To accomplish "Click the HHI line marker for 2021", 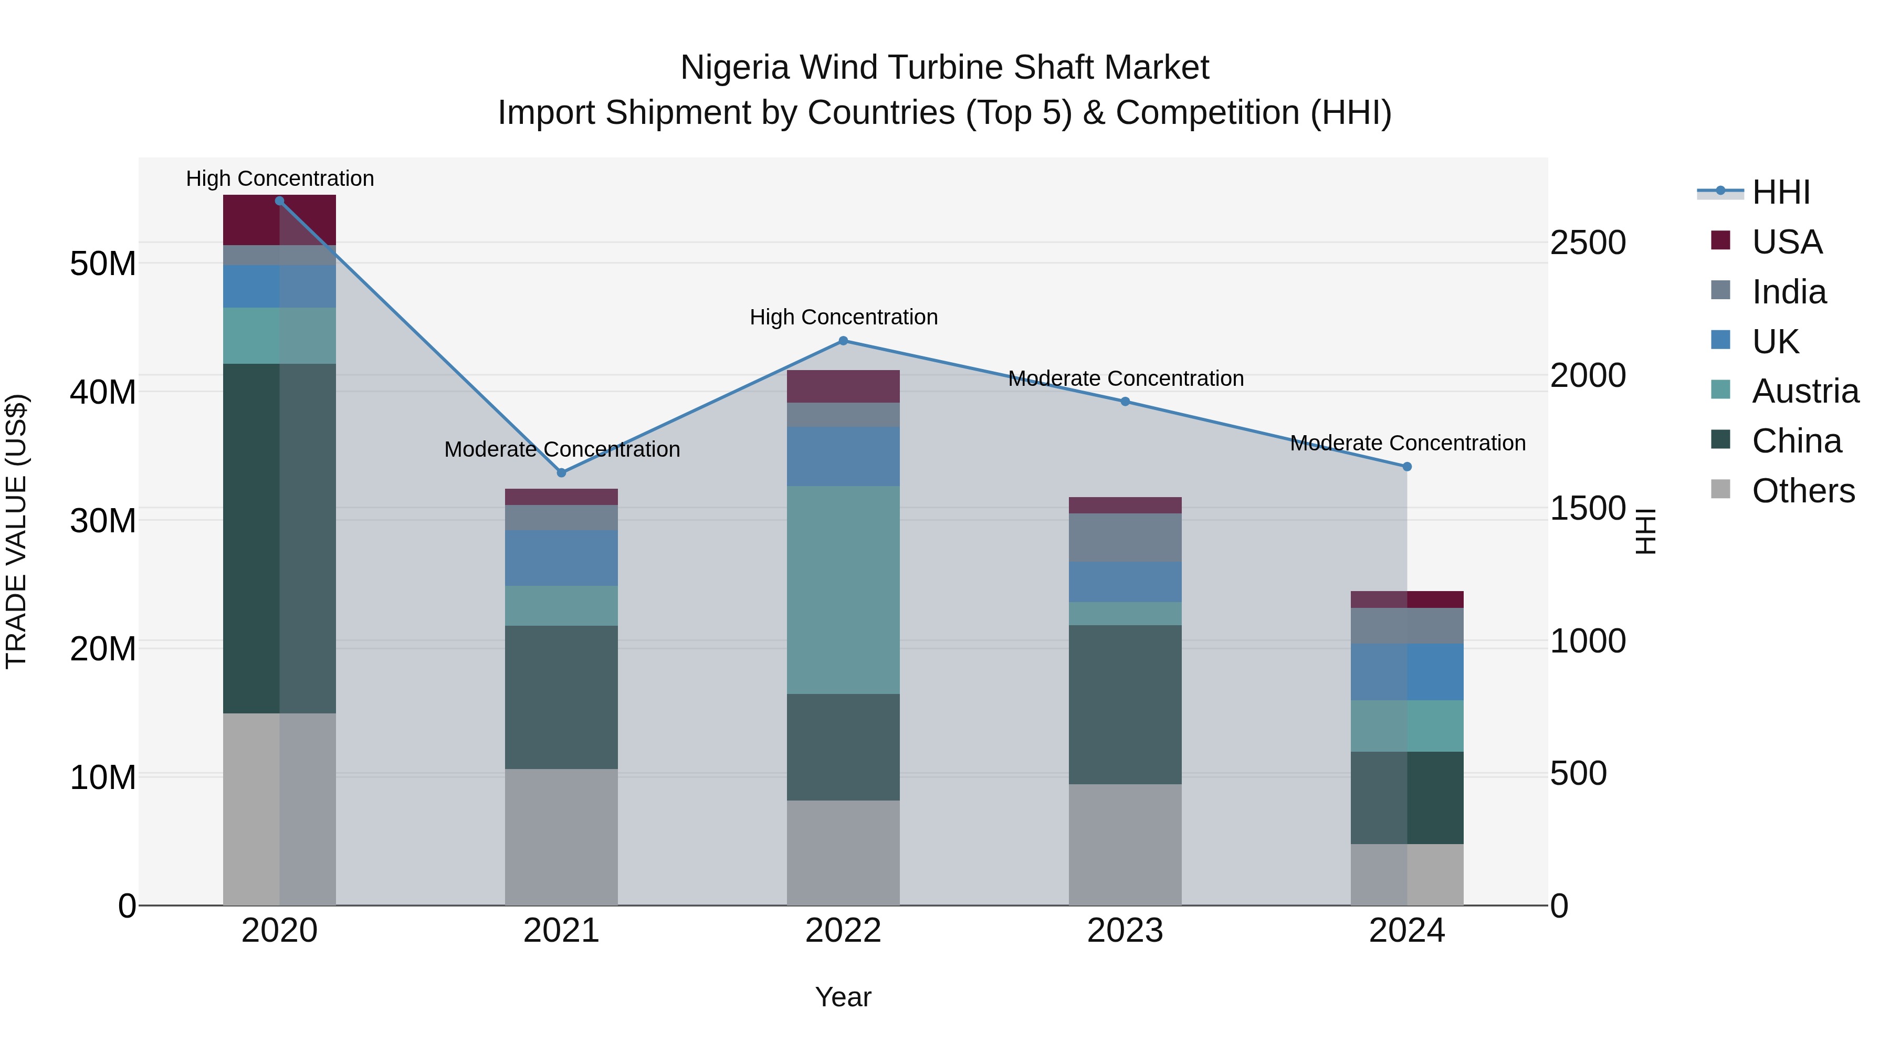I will [561, 473].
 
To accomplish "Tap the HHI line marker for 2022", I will [843, 341].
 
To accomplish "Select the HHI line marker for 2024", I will [1406, 467].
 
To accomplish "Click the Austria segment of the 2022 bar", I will [843, 590].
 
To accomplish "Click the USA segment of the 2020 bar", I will [279, 220].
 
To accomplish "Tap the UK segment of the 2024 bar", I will [1406, 672].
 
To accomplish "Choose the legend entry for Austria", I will [1805, 391].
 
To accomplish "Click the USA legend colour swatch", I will [1720, 240].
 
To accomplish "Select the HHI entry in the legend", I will [1781, 192].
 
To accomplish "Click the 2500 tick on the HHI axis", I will [1589, 243].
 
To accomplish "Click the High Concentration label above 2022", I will [843, 317].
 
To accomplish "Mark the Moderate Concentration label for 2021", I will [561, 449].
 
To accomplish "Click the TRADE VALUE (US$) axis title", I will [16, 531].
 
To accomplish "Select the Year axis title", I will [843, 997].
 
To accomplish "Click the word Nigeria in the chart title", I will [734, 68].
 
